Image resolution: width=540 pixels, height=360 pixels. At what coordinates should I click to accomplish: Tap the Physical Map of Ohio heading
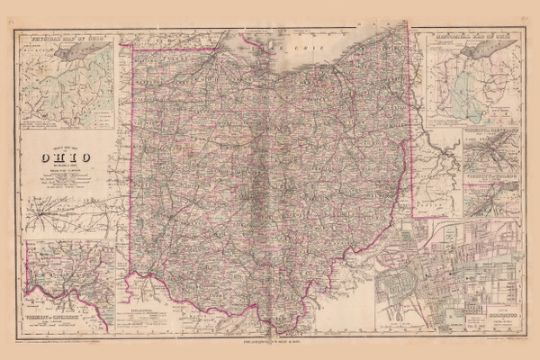[61, 40]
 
